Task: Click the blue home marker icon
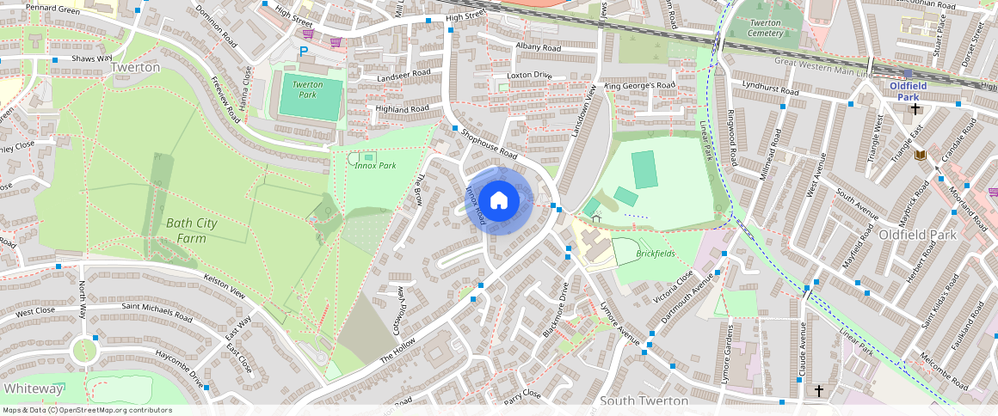tap(498, 200)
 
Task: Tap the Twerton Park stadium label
tap(307, 89)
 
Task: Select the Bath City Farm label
tap(192, 230)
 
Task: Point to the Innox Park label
tap(375, 165)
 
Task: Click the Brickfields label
tap(655, 254)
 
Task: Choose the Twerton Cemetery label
tap(766, 28)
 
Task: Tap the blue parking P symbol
tap(303, 52)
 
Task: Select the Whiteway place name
tap(32, 388)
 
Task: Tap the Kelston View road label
tap(225, 287)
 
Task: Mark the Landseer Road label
tap(404, 76)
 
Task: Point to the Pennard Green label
tap(52, 10)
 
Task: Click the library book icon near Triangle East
tap(920, 154)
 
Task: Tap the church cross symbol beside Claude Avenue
tap(818, 391)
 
